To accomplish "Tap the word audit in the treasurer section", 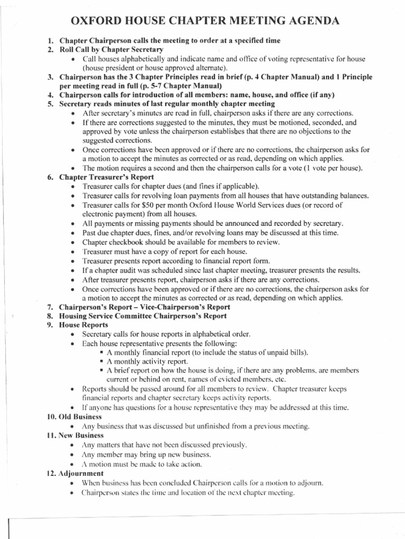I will tap(128, 270).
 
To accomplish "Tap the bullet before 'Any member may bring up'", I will tap(72, 454).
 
